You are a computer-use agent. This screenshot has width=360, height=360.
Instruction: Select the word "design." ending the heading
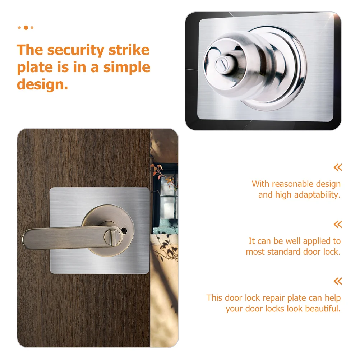[42, 85]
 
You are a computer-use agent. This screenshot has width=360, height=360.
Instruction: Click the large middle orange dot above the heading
[25, 27]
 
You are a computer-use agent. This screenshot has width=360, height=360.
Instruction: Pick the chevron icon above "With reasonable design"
[337, 167]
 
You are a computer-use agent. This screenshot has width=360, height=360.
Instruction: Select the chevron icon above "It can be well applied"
[337, 225]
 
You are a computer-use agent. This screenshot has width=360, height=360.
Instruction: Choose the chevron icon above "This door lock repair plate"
[337, 281]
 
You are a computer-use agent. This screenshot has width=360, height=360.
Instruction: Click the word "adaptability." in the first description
[317, 195]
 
